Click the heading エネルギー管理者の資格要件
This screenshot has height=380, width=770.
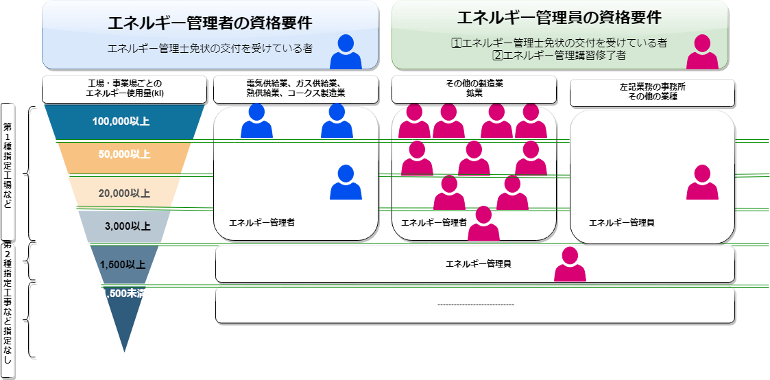210,23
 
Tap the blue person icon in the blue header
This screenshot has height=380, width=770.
346,52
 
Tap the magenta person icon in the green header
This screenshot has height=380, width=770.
702,52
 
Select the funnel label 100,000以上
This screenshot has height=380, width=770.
121,121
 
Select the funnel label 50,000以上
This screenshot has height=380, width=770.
124,154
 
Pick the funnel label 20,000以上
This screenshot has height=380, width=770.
124,193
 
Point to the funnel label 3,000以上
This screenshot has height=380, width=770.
124,225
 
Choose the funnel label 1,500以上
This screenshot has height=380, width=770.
122,264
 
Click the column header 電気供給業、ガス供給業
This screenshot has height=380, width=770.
296,88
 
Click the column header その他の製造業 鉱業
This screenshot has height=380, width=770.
474,88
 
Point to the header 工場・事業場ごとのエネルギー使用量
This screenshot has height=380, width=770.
124,88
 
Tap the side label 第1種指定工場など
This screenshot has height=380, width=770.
8,171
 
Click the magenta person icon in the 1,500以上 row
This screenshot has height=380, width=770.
570,265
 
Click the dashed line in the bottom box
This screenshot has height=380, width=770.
475,305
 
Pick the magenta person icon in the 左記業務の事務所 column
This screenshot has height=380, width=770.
702,182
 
